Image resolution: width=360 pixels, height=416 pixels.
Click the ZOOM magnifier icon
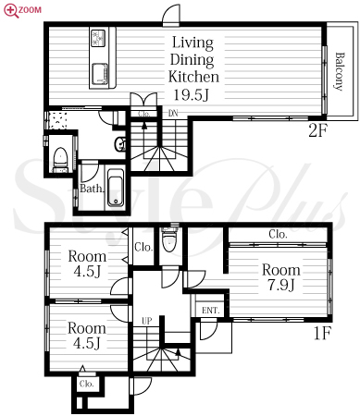[11, 10]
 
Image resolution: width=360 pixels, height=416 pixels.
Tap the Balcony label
[340, 71]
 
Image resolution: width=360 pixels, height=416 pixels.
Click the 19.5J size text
[192, 94]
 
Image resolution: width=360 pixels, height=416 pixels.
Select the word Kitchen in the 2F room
[193, 77]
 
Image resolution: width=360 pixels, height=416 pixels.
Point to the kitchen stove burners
[98, 38]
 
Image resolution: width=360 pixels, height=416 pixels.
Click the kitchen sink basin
[100, 74]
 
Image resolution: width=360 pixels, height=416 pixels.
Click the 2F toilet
[60, 160]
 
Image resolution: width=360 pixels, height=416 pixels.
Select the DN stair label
[173, 113]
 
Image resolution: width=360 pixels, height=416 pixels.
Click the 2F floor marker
[317, 131]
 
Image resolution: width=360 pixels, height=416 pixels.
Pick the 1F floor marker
[322, 333]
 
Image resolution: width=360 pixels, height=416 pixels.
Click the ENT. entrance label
[210, 311]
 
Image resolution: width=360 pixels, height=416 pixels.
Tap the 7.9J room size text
[280, 285]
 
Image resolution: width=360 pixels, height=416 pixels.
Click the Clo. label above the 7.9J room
[278, 234]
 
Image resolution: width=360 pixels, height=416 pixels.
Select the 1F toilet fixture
[170, 239]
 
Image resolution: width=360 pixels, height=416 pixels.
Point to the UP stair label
[147, 321]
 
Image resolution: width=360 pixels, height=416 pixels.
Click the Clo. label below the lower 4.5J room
[86, 384]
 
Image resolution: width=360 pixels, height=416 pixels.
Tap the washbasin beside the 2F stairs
[119, 143]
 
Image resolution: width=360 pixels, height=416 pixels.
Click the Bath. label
[92, 189]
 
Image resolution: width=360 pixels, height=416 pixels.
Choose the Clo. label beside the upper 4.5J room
[143, 247]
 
